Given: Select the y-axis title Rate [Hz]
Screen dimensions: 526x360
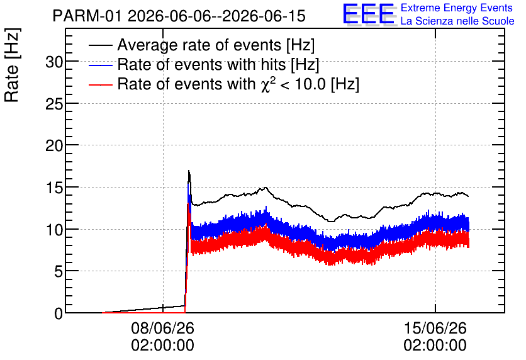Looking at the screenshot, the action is (x=13, y=65).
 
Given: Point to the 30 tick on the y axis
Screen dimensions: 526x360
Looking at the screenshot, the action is (x=54, y=62).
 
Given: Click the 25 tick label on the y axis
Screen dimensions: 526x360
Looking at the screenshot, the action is (x=54, y=104).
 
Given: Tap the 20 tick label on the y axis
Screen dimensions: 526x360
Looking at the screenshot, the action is (x=54, y=146).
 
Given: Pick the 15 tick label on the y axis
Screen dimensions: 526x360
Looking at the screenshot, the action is (x=54, y=188).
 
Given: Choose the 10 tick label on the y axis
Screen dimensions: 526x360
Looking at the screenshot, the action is (x=54, y=230).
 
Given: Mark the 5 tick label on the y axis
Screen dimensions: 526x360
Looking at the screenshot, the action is (x=59, y=272).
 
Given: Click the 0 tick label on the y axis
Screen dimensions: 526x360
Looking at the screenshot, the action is (x=59, y=313).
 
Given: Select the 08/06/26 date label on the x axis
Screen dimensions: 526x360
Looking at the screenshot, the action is (x=163, y=328).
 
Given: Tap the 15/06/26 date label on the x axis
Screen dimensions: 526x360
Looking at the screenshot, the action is (x=435, y=328).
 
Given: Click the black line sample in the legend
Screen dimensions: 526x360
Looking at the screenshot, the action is (x=100, y=45).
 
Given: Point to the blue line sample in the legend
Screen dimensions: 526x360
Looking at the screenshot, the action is (x=100, y=65).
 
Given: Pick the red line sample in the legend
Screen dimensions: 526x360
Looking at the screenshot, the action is (x=100, y=84).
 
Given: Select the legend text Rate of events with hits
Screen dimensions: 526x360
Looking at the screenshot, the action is (x=201, y=64).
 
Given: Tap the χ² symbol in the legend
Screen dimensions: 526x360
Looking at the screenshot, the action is (x=266, y=84).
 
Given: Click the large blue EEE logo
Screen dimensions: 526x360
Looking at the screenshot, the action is (x=369, y=14).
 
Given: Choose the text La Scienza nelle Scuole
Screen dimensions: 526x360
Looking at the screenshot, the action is (x=457, y=21).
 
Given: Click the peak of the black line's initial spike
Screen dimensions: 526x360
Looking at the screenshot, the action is (x=189, y=171).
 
